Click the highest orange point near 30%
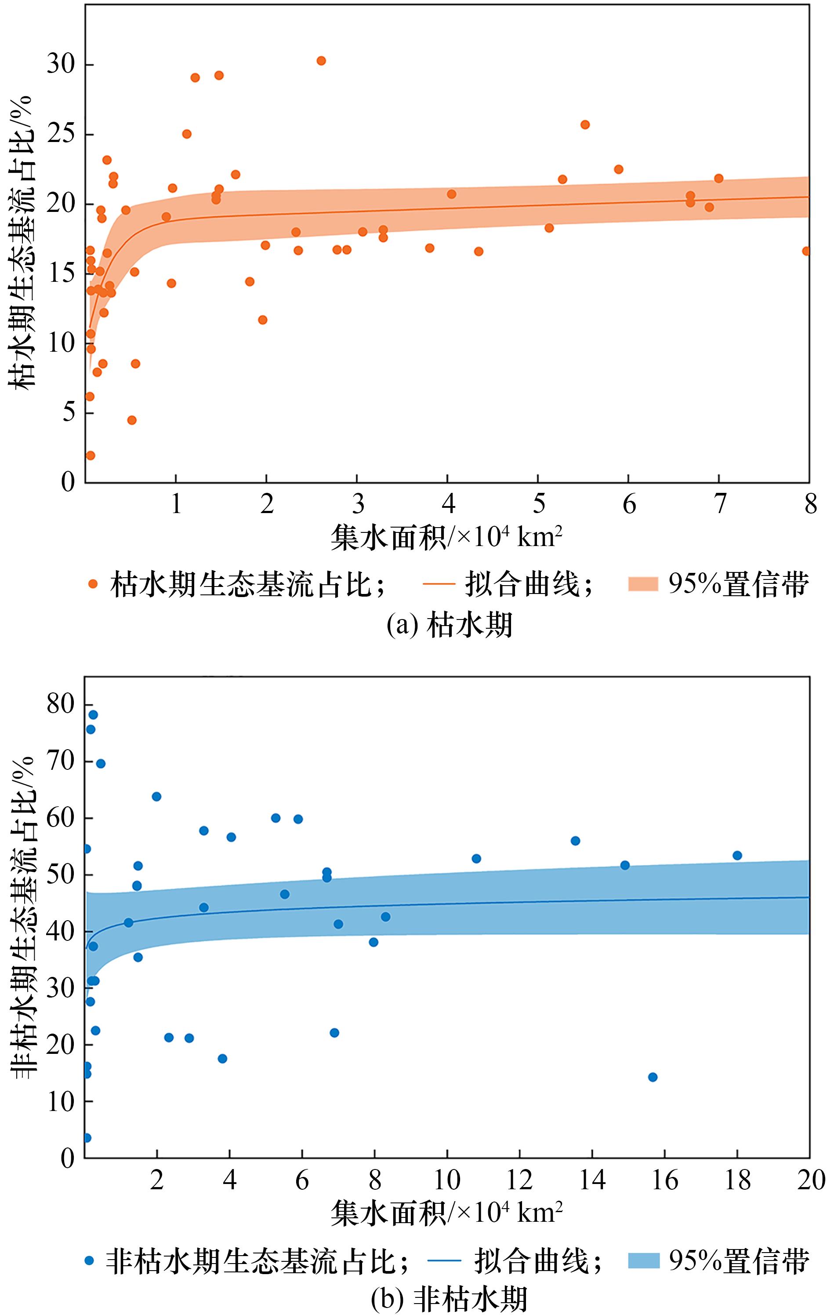coord(321,61)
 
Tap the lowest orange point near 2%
coord(91,455)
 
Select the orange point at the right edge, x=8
coord(806,251)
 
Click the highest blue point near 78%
coord(93,714)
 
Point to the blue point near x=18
coord(737,855)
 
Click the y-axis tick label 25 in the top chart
coord(61,135)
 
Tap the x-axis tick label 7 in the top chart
coord(720,504)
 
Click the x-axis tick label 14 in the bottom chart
coord(592,1180)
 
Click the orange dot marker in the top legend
coord(93,584)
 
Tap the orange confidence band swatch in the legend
coord(644,584)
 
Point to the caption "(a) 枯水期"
coord(449,625)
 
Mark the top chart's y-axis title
coord(22,240)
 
